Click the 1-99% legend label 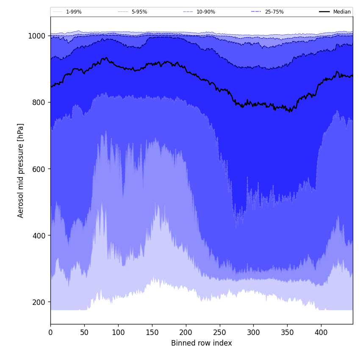click(x=74, y=12)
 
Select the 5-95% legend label click(x=139, y=12)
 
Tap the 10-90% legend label click(x=205, y=12)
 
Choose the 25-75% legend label click(x=274, y=12)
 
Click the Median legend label click(x=342, y=12)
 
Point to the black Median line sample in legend click(x=324, y=12)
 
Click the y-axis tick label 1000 click(x=37, y=36)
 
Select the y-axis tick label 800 click(x=39, y=102)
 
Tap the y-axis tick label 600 click(x=39, y=169)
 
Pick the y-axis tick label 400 click(x=39, y=235)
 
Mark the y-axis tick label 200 click(x=39, y=302)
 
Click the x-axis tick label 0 click(x=50, y=332)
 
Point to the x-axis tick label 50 click(x=84, y=332)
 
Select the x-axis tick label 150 click(x=152, y=332)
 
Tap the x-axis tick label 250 click(x=220, y=332)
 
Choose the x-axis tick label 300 click(x=253, y=332)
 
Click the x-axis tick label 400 click(x=321, y=332)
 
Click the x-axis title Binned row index click(x=202, y=343)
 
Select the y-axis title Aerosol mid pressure click(x=21, y=170)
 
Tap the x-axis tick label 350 click(x=287, y=332)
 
